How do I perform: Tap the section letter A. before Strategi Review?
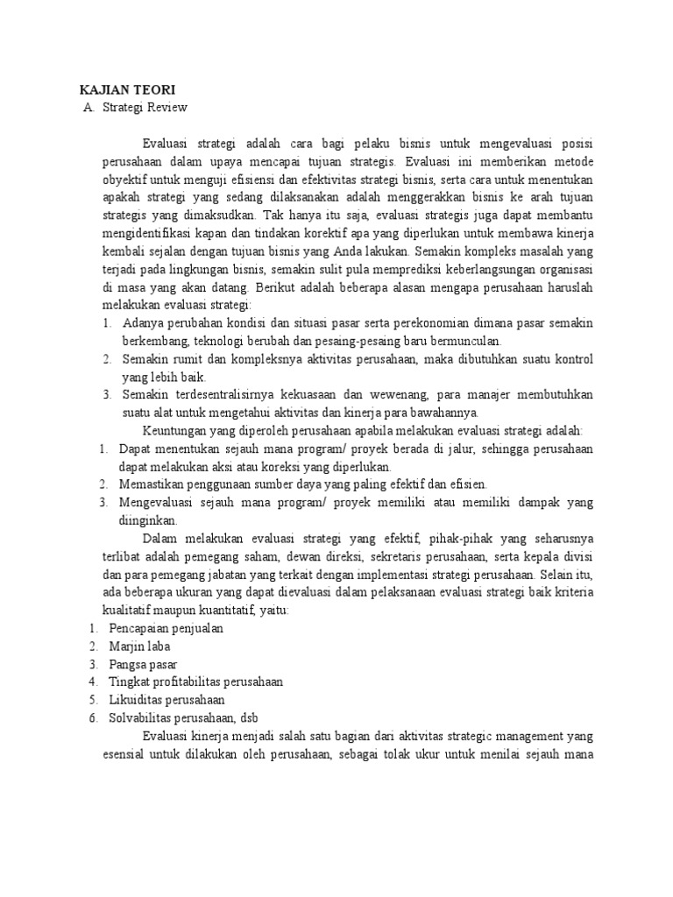[x=87, y=108]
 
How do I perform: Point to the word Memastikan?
[x=153, y=484]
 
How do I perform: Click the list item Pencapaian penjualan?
[x=166, y=628]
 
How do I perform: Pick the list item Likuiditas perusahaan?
[x=166, y=700]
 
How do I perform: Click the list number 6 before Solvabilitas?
[x=93, y=717]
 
